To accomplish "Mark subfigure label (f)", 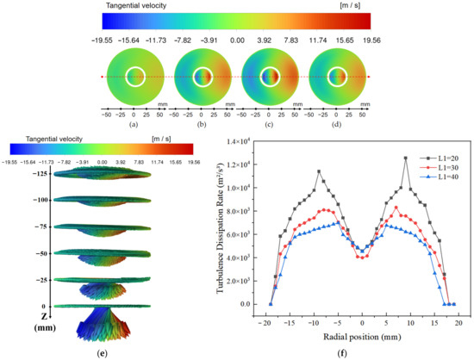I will [361, 351].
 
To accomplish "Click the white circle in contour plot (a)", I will [134, 77].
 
